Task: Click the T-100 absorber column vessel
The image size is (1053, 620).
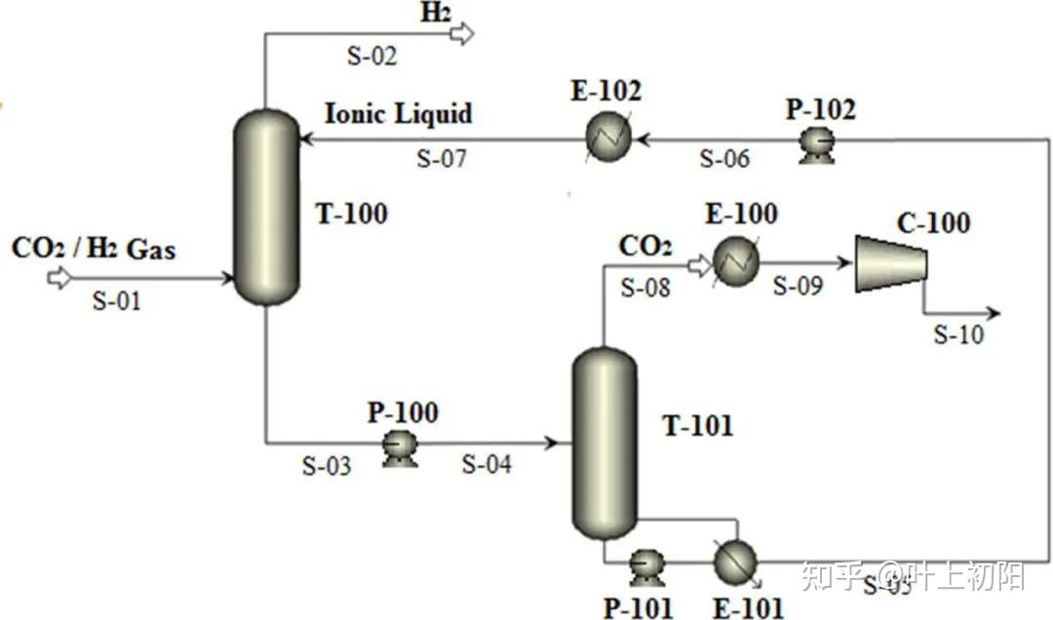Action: pos(265,207)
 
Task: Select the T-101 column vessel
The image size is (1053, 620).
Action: pos(604,444)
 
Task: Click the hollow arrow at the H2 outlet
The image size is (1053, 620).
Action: pos(461,34)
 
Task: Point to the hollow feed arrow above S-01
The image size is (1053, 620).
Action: pos(59,278)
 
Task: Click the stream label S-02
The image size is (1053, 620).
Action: pos(371,57)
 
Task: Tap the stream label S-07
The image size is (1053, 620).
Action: pos(442,158)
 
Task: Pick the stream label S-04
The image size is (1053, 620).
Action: pos(486,464)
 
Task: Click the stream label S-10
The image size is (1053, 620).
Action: pos(958,334)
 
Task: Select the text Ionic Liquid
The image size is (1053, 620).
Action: pos(398,114)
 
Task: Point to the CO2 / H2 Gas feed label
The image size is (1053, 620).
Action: pos(94,249)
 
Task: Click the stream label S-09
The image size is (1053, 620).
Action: pos(798,286)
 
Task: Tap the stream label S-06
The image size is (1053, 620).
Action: pos(724,159)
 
